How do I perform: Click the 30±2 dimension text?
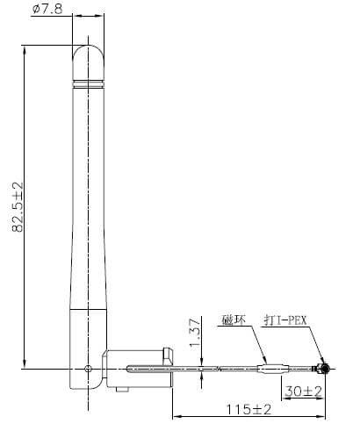[x=301, y=390]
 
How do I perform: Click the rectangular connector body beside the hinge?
[x=136, y=369]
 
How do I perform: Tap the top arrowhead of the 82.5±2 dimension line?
[x=25, y=49]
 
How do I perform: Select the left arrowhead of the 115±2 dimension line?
[x=175, y=415]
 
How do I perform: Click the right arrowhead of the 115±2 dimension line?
[x=325, y=415]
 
